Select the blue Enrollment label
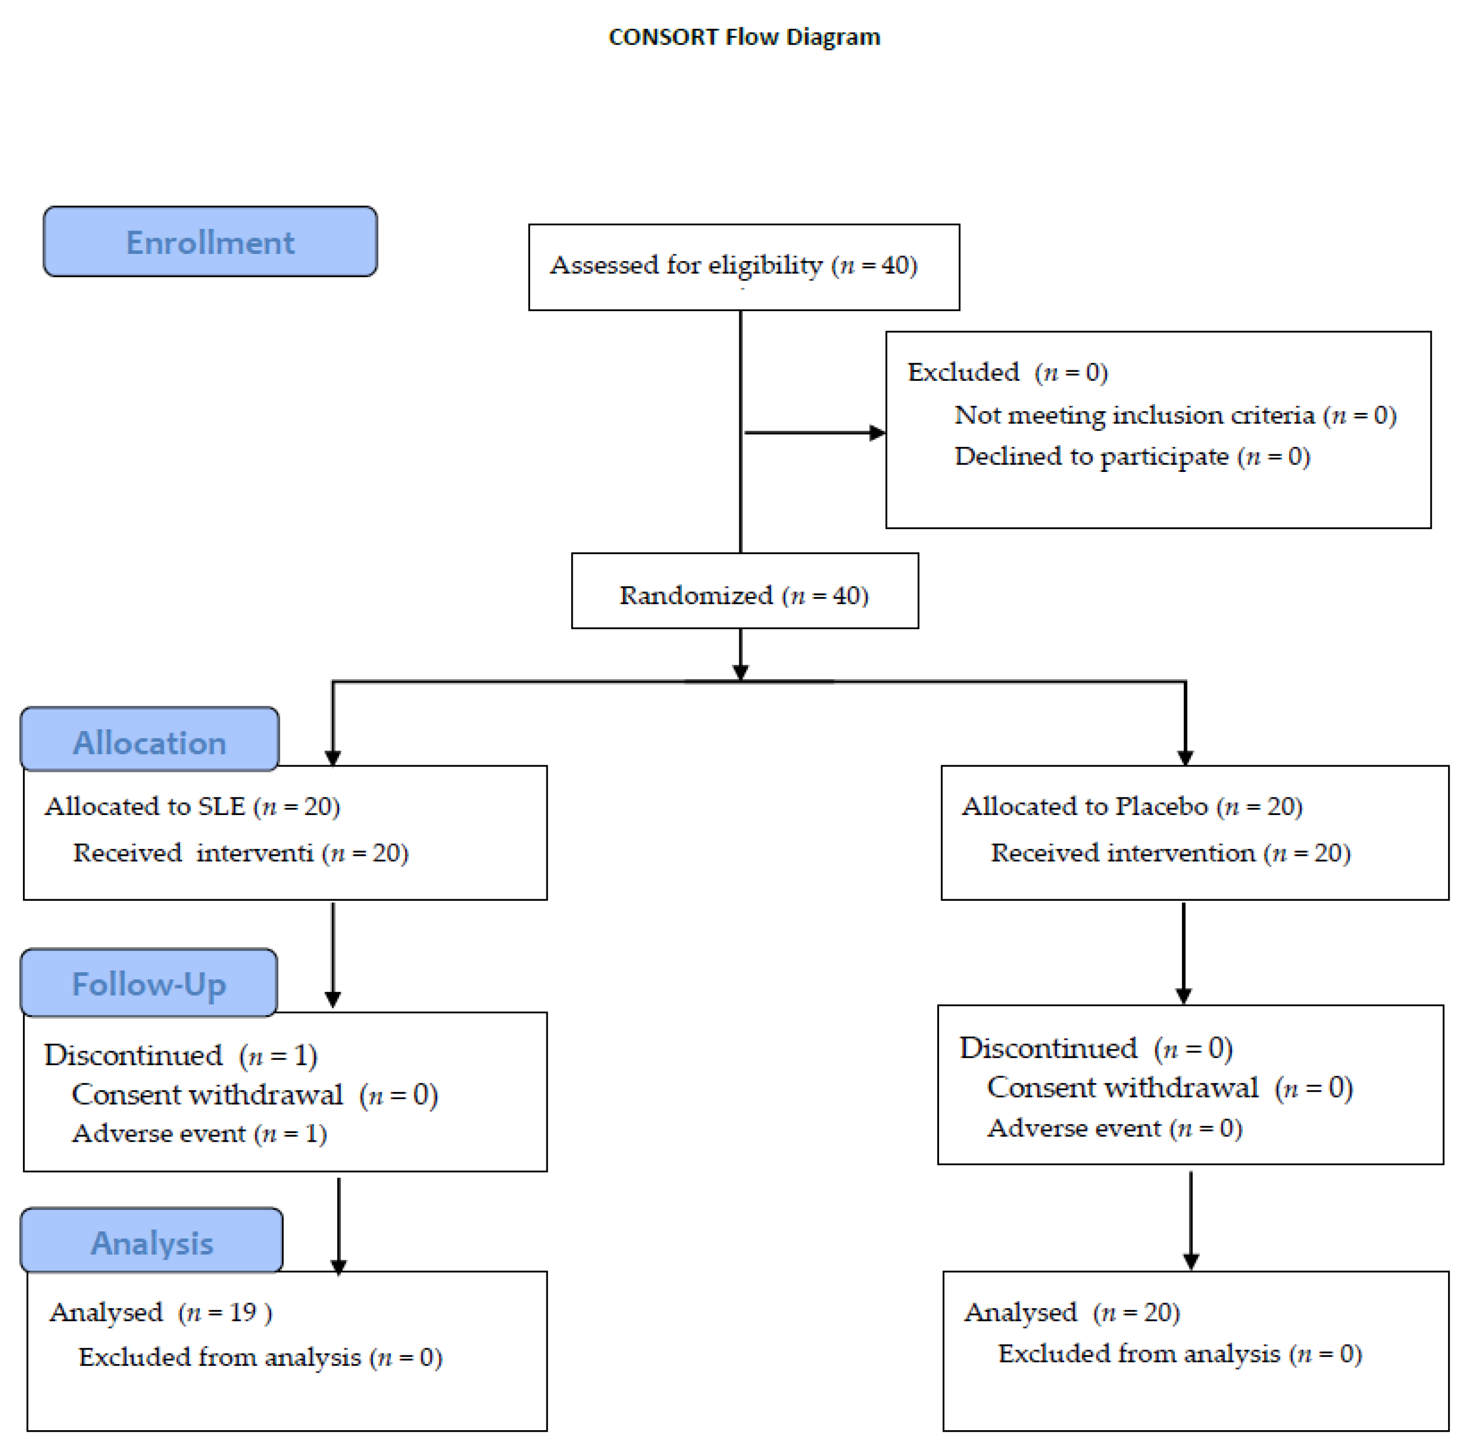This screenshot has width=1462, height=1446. click(210, 242)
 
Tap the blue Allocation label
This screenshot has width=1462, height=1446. click(150, 742)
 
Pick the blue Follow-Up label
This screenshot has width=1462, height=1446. click(148, 984)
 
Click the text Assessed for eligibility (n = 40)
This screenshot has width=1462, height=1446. click(733, 265)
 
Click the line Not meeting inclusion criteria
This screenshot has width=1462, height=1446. click(1175, 415)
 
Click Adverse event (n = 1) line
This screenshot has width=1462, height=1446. click(200, 1133)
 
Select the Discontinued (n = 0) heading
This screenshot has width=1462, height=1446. click(1096, 1048)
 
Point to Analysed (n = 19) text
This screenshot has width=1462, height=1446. click(160, 1311)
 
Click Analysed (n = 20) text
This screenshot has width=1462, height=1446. click(1072, 1311)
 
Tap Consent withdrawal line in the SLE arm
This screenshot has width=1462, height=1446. click(254, 1094)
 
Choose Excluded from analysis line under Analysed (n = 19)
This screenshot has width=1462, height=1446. click(261, 1357)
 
